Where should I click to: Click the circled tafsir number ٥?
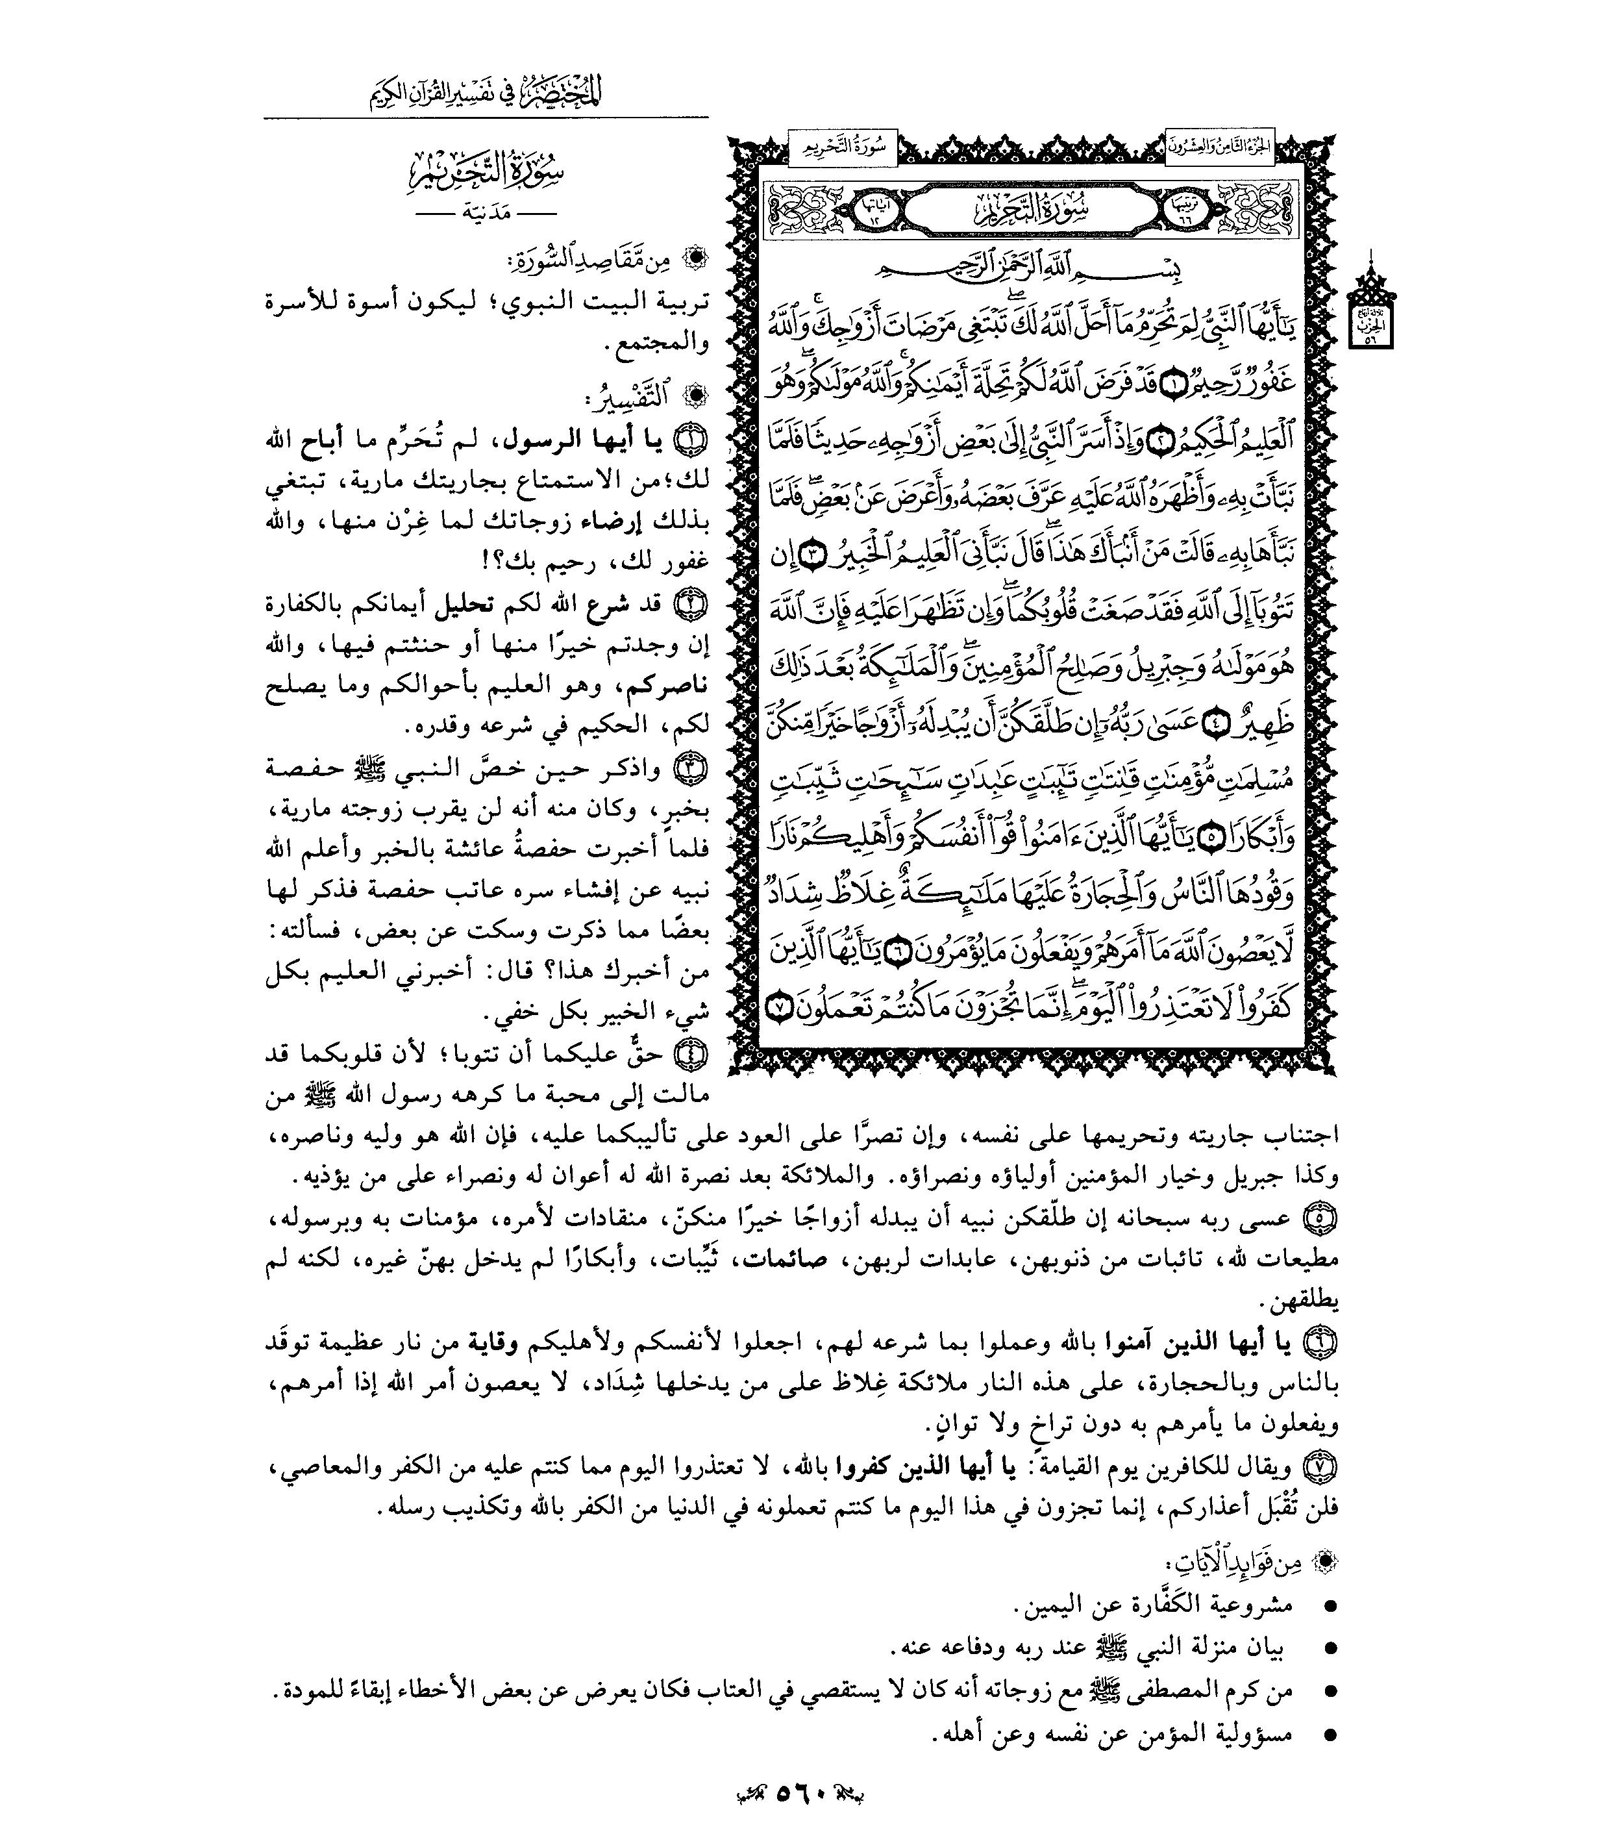click(1322, 1218)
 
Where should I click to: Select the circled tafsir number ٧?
click(1322, 1467)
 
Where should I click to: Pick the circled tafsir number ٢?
click(693, 603)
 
